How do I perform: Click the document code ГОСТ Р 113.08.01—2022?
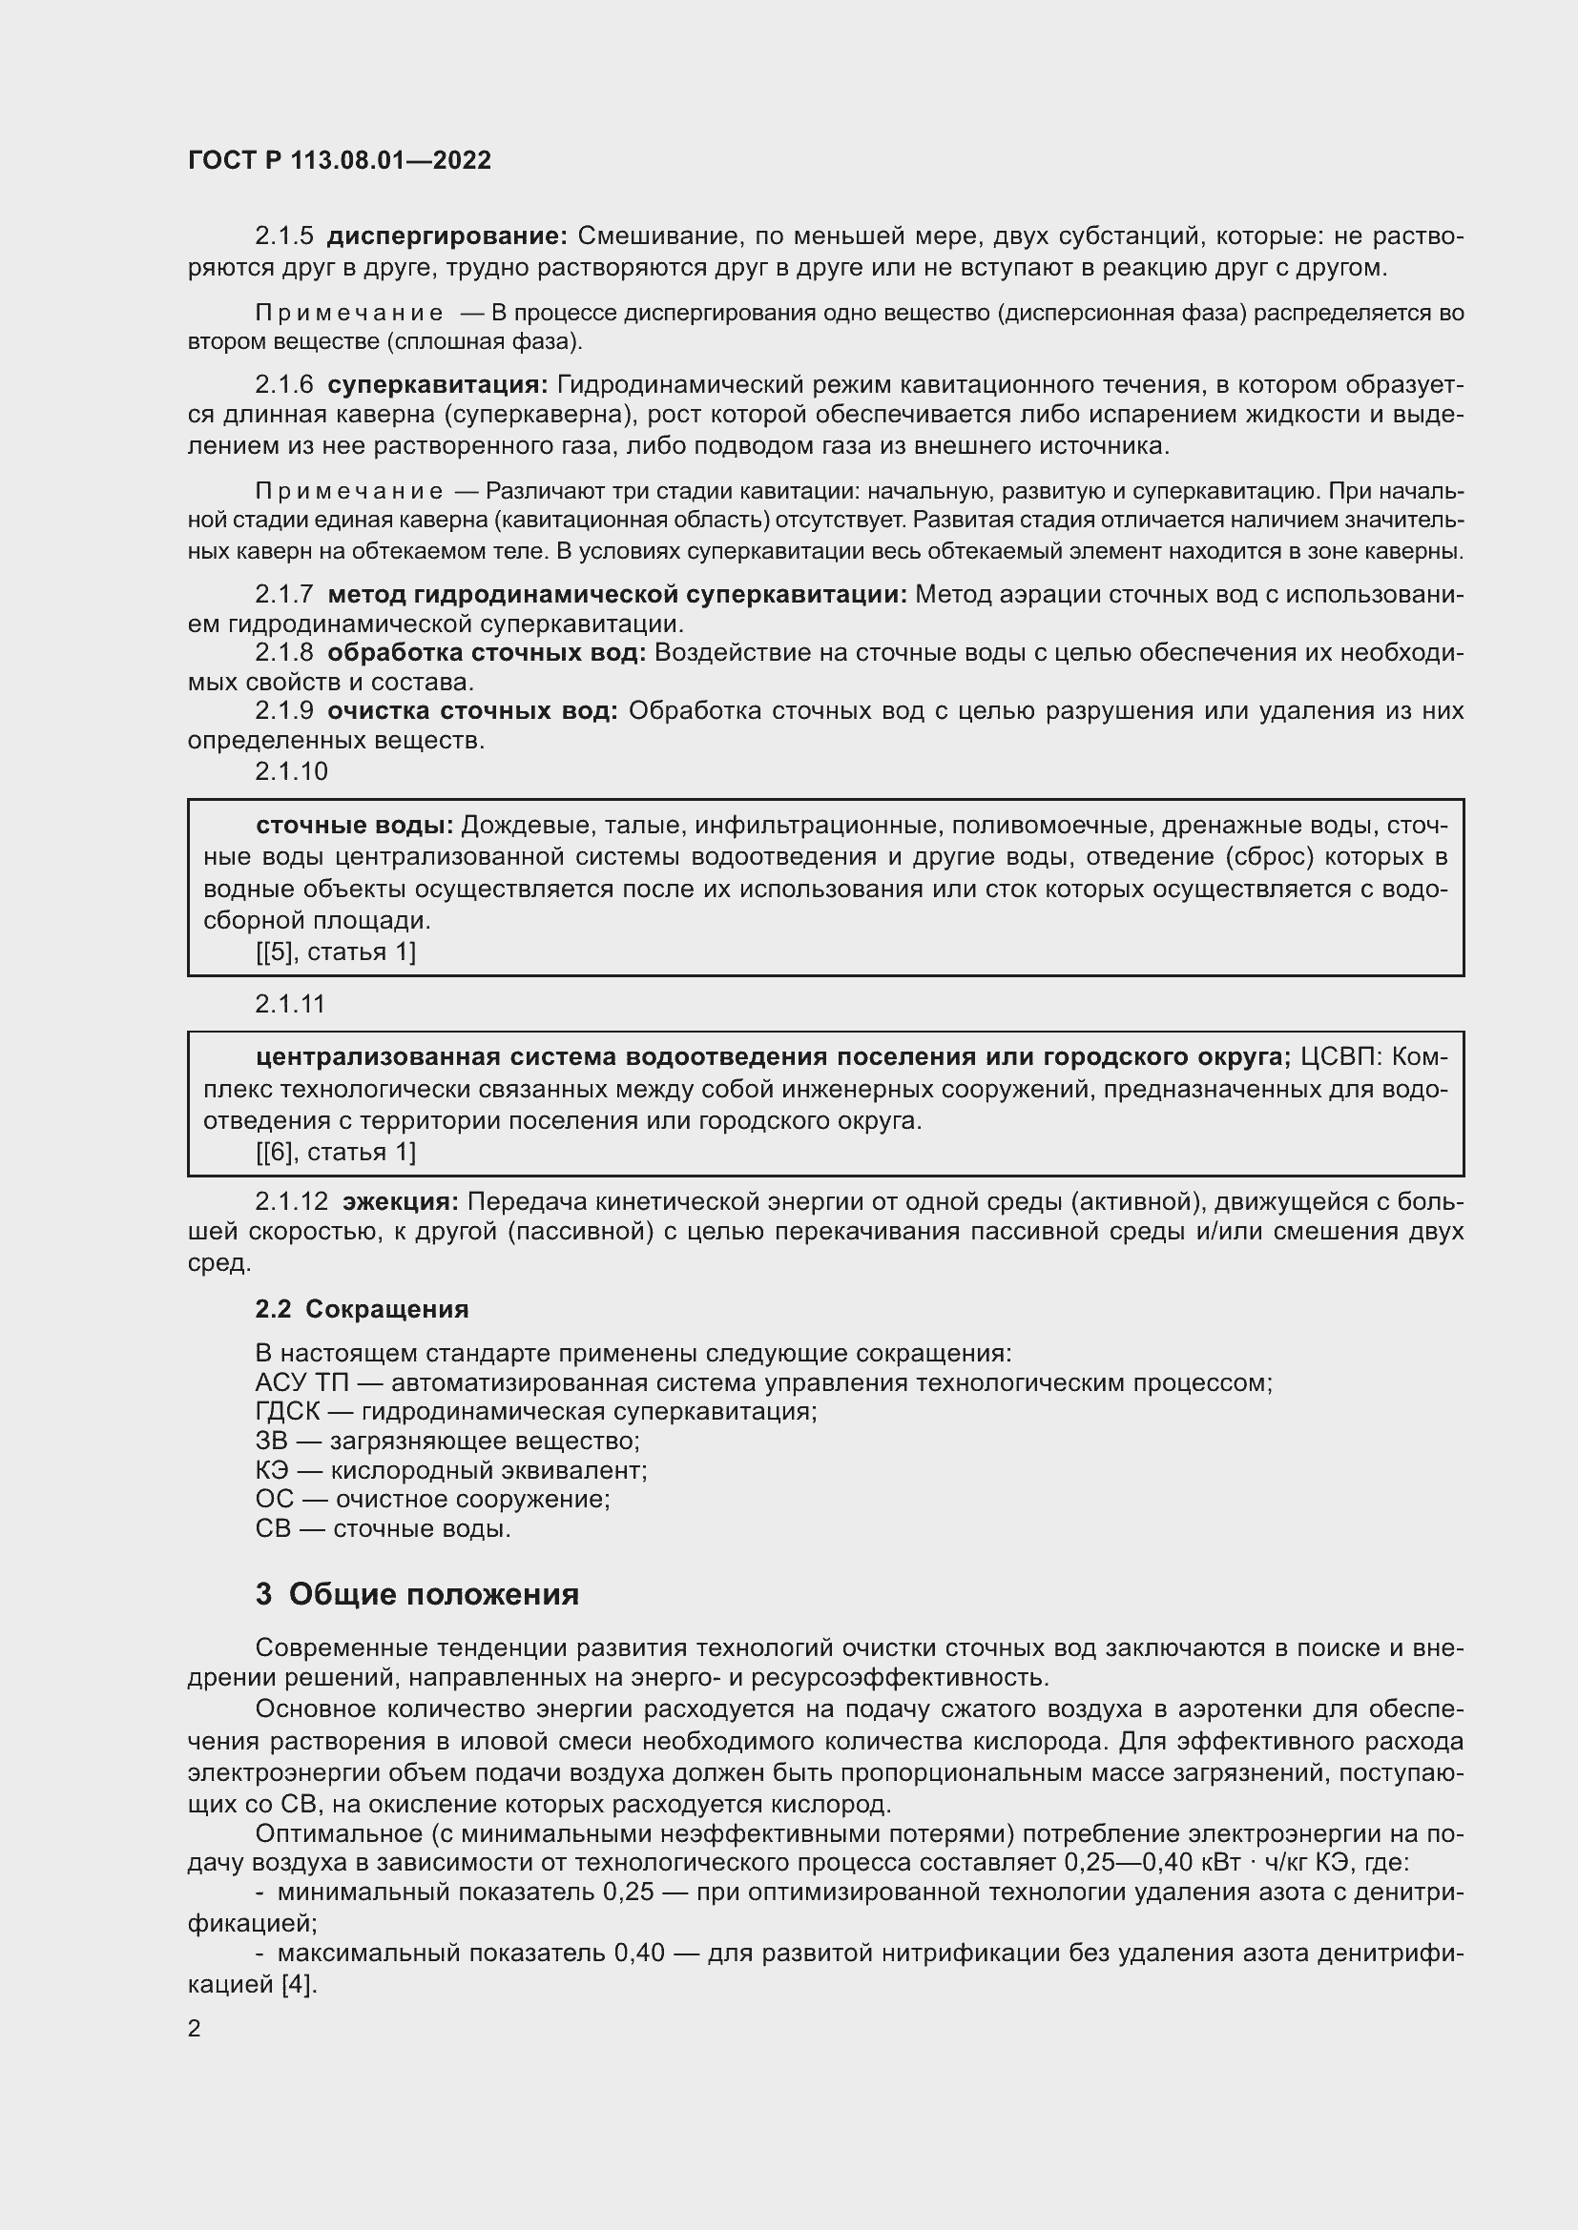click(339, 160)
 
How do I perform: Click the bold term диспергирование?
click(446, 236)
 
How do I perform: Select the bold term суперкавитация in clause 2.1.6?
click(437, 384)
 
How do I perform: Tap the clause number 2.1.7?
click(283, 593)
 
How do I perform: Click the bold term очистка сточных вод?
click(472, 711)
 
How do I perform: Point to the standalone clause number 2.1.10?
click(292, 771)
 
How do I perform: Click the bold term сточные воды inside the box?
click(355, 826)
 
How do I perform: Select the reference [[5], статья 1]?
click(335, 951)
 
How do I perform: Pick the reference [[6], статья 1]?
click(335, 1152)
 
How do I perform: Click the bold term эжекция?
click(401, 1201)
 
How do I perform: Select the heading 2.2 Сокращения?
click(362, 1309)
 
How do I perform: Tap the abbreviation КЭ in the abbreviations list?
click(272, 1469)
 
